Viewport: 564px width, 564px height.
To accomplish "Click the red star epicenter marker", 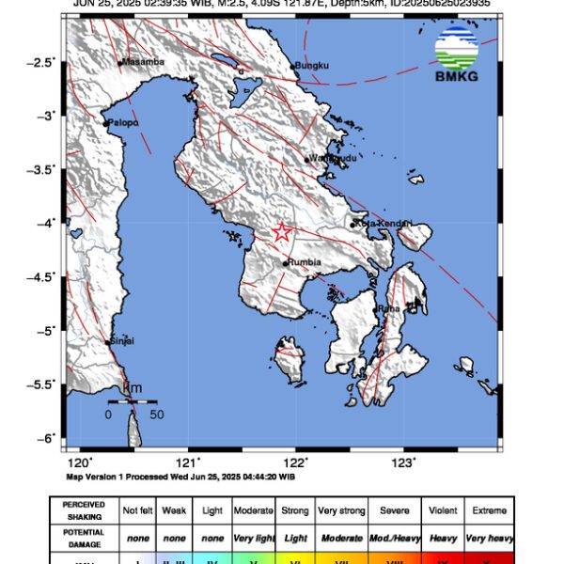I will click(282, 232).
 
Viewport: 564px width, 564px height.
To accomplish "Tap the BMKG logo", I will click(456, 55).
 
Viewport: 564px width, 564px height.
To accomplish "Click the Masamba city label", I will click(144, 62).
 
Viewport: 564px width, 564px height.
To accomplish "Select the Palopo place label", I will click(123, 122).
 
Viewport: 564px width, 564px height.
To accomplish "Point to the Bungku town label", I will click(311, 66).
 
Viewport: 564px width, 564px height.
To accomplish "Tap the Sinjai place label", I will click(122, 340).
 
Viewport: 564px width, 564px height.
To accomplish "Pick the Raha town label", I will click(389, 308).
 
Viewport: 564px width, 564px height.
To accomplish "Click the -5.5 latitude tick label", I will click(43, 384).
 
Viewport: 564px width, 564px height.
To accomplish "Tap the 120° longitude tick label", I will click(80, 462).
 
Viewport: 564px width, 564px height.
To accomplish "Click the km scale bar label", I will click(133, 388).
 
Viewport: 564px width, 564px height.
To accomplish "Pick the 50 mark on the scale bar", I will click(156, 414).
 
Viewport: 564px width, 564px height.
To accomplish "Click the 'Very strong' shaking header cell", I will click(341, 510).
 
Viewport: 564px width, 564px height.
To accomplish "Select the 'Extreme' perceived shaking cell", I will click(488, 510).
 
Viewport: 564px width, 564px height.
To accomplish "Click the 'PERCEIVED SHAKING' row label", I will click(84, 510).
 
